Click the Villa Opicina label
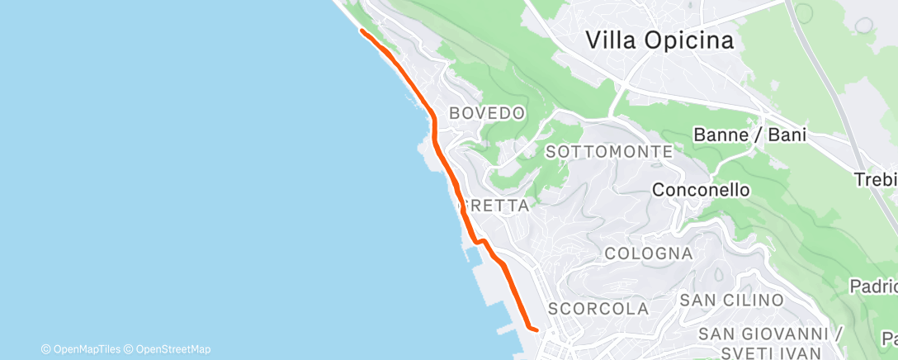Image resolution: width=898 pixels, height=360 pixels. click(659, 40)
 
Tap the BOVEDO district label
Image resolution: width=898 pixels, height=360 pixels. click(487, 113)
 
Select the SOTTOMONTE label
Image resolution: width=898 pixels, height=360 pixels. click(609, 152)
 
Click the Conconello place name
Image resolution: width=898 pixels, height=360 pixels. click(701, 190)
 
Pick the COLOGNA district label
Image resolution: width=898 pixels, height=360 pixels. click(648, 253)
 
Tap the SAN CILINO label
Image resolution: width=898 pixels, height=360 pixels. click(730, 299)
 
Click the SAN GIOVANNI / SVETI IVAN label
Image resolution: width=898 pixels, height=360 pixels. click(769, 342)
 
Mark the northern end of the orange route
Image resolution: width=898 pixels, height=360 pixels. click(362, 31)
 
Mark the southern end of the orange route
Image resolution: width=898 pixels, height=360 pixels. click(537, 330)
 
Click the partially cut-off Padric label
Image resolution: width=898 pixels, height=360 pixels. click(875, 287)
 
